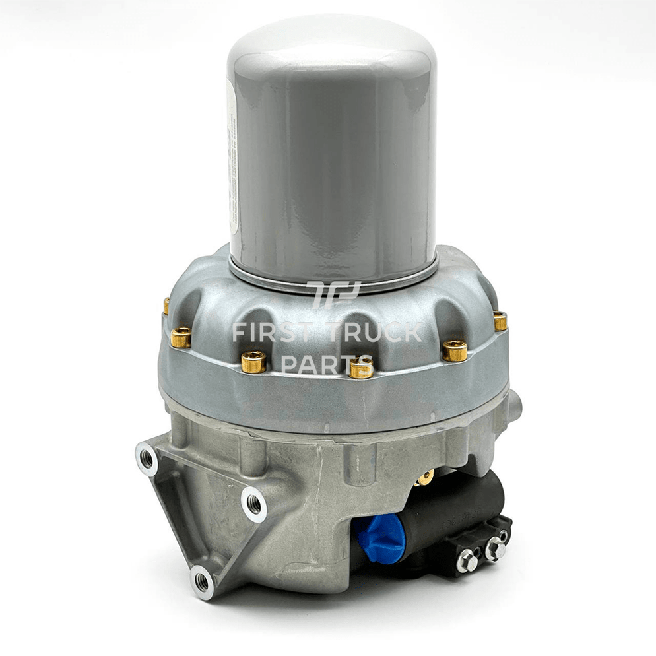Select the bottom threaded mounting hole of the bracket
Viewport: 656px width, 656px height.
coord(202,581)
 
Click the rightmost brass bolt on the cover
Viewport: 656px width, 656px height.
coord(500,321)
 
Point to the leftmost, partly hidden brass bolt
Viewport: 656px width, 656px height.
coord(166,306)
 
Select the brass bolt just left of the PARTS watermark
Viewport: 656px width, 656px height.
coord(253,361)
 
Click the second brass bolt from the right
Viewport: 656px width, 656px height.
coord(455,350)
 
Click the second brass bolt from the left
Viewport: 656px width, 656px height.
coord(181,337)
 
